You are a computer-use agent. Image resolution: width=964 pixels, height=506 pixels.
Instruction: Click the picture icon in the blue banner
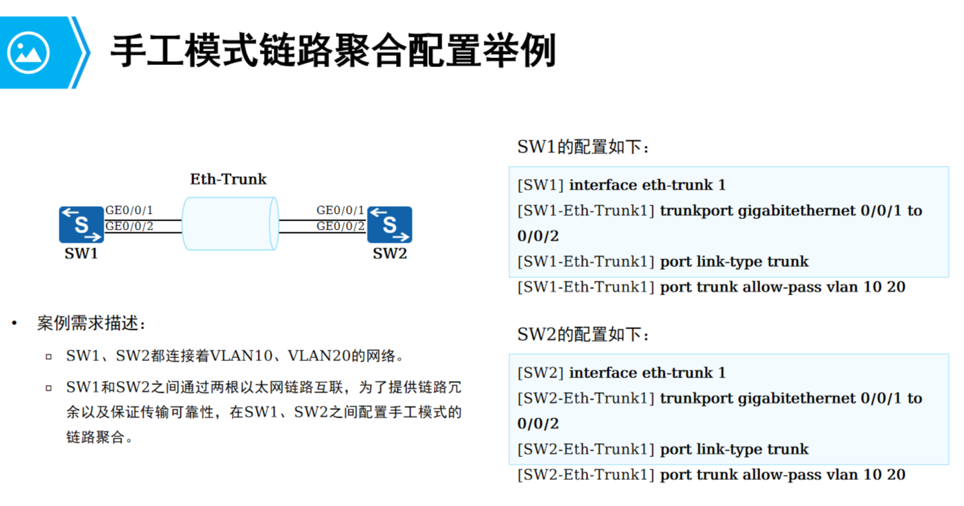point(28,53)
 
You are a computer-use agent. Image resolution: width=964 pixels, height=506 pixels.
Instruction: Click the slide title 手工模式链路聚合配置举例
point(332,51)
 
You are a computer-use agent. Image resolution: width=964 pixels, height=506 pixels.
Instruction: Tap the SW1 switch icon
point(82,224)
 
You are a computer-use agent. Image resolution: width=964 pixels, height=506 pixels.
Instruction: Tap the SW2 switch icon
point(390,224)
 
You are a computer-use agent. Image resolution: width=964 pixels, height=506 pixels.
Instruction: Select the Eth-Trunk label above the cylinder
point(228,180)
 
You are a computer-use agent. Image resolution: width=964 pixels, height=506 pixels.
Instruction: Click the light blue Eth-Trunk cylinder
point(230,223)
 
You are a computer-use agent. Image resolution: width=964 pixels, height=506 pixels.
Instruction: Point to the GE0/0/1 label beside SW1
point(129,210)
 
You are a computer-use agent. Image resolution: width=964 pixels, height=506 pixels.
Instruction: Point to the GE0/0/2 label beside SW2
point(340,226)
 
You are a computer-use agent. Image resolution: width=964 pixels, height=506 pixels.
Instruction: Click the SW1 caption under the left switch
point(82,254)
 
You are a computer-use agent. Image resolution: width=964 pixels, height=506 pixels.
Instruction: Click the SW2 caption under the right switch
point(390,254)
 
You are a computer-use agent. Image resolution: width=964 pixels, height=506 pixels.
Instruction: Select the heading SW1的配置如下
point(583,147)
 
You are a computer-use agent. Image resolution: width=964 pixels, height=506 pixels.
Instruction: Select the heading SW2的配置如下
point(583,335)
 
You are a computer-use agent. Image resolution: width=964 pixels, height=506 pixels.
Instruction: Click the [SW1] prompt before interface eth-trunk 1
point(540,185)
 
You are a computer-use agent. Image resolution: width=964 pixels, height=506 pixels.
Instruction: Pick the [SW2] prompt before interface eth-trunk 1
point(540,373)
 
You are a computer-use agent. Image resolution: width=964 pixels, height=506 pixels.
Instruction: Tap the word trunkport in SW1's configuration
point(696,211)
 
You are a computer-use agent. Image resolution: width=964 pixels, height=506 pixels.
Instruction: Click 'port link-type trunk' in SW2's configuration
point(734,449)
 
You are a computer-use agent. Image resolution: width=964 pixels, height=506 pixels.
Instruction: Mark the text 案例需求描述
point(91,324)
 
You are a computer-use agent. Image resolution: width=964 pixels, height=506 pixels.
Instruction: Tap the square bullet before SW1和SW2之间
point(48,388)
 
